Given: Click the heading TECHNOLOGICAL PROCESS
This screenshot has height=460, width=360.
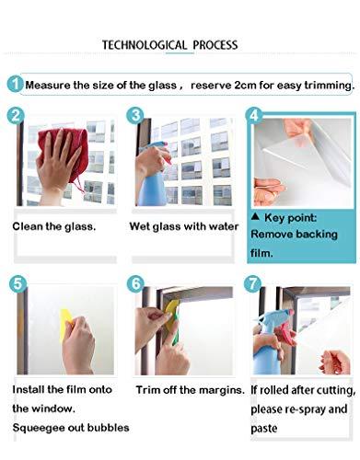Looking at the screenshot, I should [x=169, y=44].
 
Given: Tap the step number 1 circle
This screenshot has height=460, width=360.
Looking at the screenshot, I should [x=15, y=84].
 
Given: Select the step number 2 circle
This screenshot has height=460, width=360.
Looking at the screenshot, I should [x=16, y=116].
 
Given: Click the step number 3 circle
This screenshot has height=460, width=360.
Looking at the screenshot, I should [x=135, y=116].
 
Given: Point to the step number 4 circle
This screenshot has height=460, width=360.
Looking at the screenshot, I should [x=255, y=117].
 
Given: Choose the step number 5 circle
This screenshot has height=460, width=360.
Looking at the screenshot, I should [x=16, y=285].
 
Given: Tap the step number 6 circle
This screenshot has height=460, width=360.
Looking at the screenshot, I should [x=135, y=285].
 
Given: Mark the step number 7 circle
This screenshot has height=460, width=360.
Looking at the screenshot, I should [x=255, y=285].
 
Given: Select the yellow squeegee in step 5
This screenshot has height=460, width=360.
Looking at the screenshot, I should [x=66, y=325].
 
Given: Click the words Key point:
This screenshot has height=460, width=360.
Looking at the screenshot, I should [x=290, y=219].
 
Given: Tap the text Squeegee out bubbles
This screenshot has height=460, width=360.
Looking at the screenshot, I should [x=70, y=428].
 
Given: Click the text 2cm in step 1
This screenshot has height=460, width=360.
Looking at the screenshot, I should [x=248, y=85].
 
